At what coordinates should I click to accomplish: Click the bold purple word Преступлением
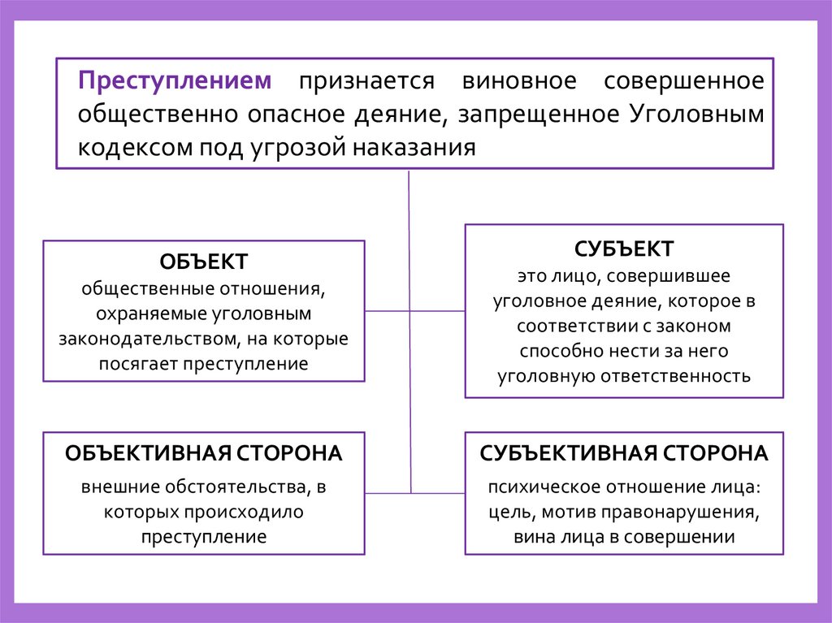(175, 81)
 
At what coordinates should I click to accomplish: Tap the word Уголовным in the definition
(696, 115)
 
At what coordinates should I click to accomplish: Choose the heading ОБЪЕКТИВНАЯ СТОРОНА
(203, 453)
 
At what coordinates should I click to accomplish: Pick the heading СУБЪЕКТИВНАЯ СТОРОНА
(624, 453)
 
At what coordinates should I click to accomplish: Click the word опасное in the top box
(295, 115)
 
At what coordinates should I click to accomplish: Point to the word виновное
(519, 81)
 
